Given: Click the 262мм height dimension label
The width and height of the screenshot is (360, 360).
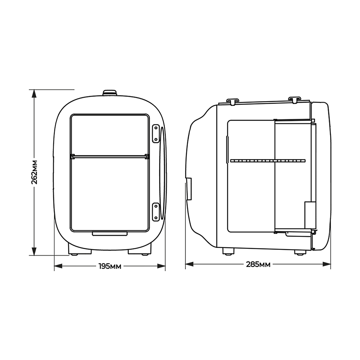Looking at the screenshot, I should (x=35, y=172).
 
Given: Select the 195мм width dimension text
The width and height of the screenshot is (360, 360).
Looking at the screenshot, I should (x=110, y=266).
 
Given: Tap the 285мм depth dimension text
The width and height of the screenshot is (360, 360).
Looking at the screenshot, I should (x=258, y=265).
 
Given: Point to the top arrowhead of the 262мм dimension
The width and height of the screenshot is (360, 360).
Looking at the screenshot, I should (x=34, y=94).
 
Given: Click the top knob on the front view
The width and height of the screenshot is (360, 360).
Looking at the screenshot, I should (x=110, y=93).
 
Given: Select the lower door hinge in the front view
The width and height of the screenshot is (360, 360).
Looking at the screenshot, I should (x=156, y=211).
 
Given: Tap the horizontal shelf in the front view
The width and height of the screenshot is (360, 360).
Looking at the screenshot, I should (x=110, y=156).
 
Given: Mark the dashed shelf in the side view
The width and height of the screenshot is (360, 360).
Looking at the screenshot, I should (x=267, y=159).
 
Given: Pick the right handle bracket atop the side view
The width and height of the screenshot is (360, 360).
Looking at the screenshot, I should (x=294, y=99).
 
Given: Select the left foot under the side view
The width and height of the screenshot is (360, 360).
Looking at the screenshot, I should (x=228, y=251).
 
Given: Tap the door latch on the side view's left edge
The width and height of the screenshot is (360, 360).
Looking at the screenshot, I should (x=189, y=188).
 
